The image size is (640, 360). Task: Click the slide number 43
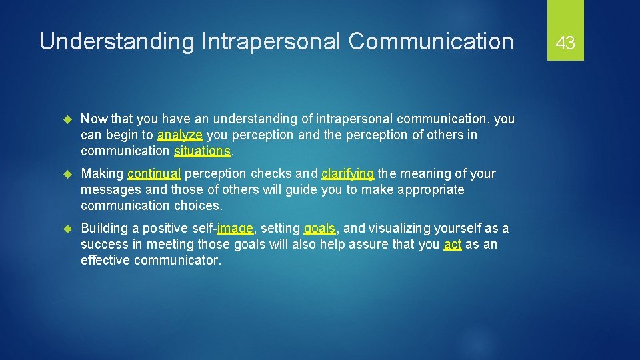point(565,43)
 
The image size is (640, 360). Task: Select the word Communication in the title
point(431,41)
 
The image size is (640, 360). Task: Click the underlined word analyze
point(180,135)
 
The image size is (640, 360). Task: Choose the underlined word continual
point(154,174)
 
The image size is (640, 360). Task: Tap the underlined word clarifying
point(348,174)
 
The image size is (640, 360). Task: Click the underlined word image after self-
point(235,229)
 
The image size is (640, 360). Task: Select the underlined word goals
point(319,229)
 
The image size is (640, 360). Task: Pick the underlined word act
point(453,245)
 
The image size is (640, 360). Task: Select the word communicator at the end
point(177,261)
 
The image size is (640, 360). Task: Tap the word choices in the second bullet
point(199,206)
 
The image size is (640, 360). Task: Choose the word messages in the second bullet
point(111,190)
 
